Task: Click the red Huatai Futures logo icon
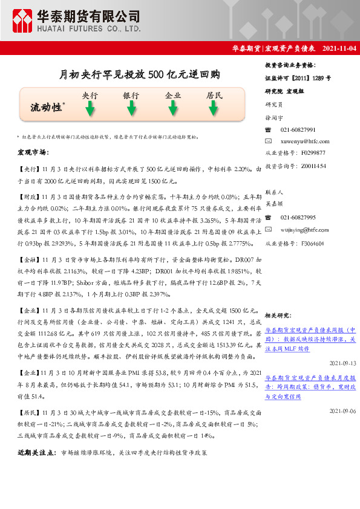point(24,20)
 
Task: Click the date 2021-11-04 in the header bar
point(335,48)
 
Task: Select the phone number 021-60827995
point(298,218)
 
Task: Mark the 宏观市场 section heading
point(33,152)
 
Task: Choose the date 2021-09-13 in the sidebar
point(343,363)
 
